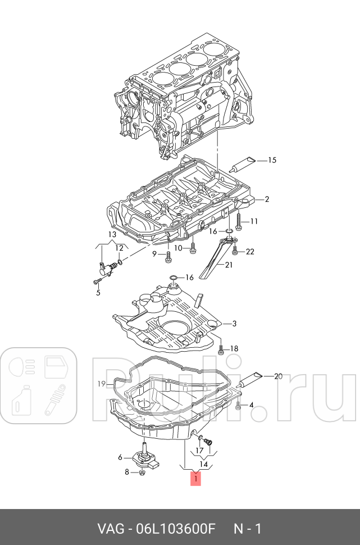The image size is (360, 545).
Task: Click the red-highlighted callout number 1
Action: tap(195, 479)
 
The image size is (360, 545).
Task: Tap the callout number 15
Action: tap(272, 161)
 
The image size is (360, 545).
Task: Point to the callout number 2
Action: tap(267, 199)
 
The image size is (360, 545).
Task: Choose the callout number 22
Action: tap(250, 252)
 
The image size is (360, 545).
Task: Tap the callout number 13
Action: tap(112, 234)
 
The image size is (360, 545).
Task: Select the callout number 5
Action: tap(98, 293)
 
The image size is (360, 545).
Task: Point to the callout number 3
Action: tap(234, 324)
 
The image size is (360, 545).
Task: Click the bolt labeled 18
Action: tap(221, 349)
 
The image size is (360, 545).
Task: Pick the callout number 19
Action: tap(101, 384)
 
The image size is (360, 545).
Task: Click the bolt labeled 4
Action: tap(239, 405)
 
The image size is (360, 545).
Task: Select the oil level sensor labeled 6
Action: tap(144, 453)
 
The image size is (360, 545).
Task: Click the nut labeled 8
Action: tap(142, 473)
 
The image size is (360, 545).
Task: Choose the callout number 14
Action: tap(203, 465)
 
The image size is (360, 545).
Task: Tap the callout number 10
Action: tap(177, 248)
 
